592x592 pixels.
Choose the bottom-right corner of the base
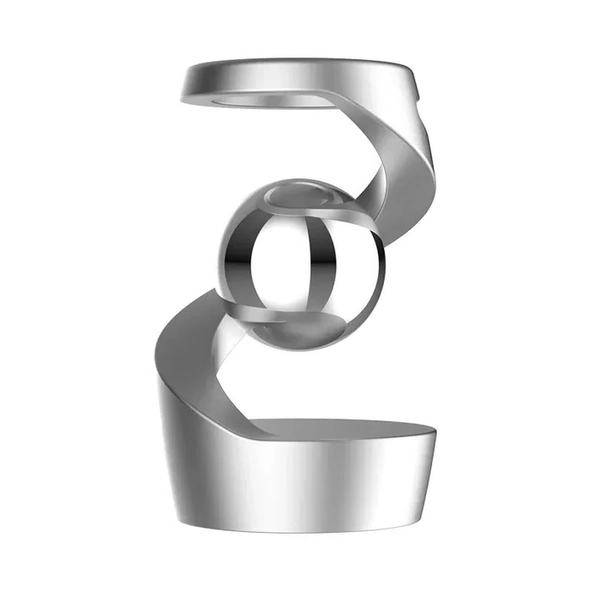(x=420, y=518)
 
